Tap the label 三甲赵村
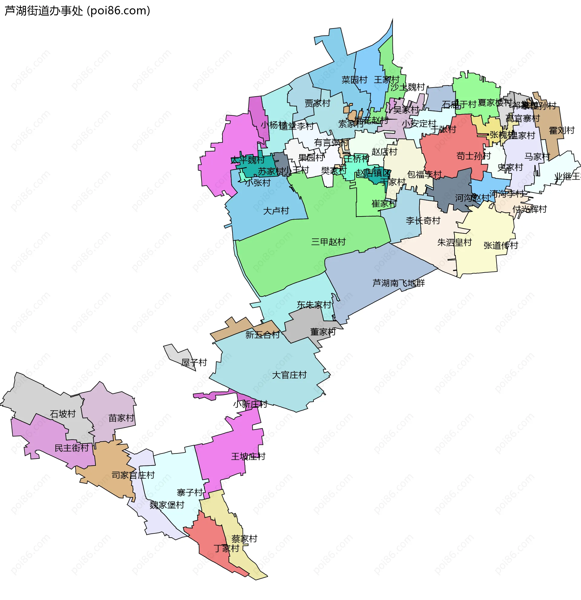(328, 242)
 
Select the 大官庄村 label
(289, 375)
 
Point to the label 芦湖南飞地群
(399, 283)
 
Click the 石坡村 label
(63, 414)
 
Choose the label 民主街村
(71, 448)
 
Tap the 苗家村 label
(121, 418)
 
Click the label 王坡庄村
(248, 456)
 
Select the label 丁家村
(226, 548)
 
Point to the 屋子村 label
(194, 363)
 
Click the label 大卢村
(276, 210)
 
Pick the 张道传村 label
(501, 245)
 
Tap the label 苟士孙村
(473, 156)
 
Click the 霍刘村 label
(561, 131)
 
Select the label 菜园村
(354, 80)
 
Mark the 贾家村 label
(317, 103)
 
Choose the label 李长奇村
(423, 220)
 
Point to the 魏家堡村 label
(167, 505)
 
